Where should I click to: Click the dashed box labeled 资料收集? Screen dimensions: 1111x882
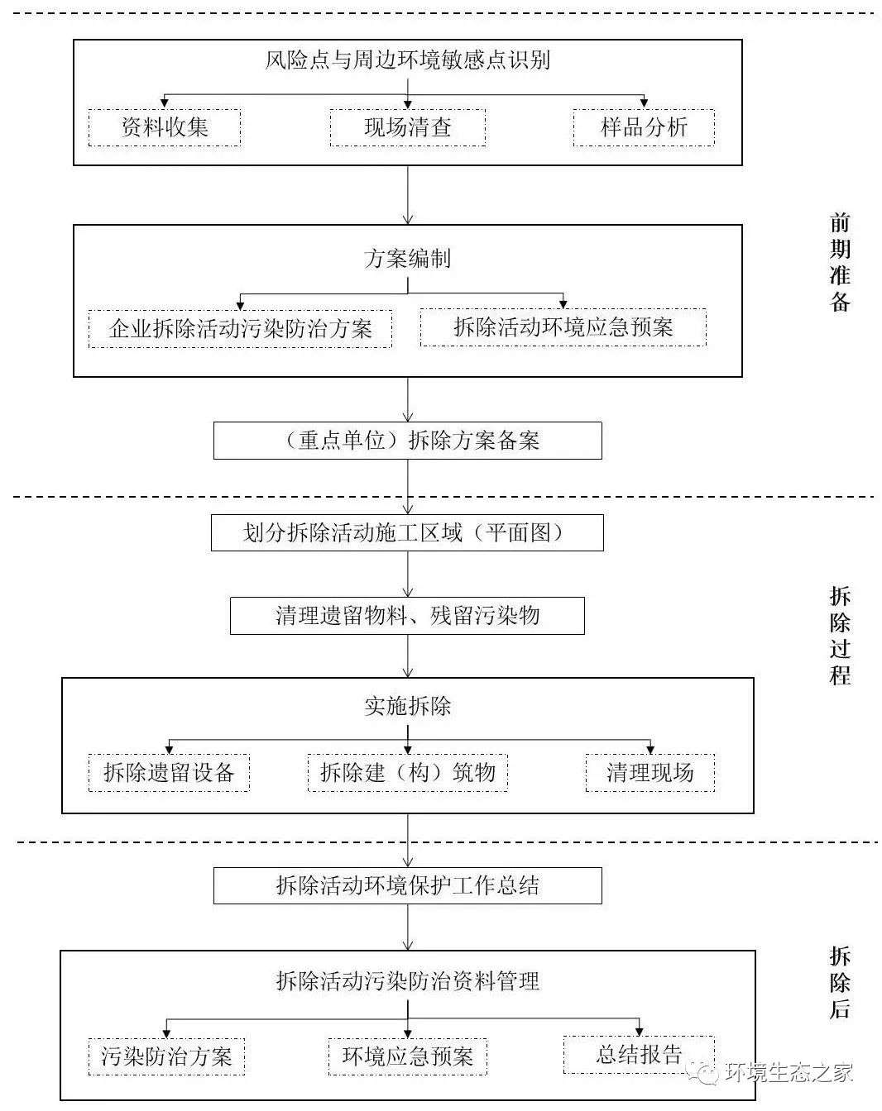pyautogui.click(x=164, y=127)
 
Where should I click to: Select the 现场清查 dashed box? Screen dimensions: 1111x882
pyautogui.click(x=407, y=128)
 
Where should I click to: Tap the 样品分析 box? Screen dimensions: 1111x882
pyautogui.click(x=643, y=127)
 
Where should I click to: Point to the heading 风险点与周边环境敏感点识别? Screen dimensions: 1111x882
pyautogui.click(x=407, y=60)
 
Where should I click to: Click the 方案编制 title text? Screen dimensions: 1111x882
pyautogui.click(x=407, y=259)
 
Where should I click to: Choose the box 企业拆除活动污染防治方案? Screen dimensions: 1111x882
pyautogui.click(x=240, y=328)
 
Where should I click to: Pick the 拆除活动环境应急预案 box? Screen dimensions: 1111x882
pyautogui.click(x=563, y=327)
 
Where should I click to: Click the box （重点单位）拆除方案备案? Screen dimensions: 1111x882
pyautogui.click(x=407, y=441)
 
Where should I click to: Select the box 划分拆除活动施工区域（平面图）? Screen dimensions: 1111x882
pyautogui.click(x=407, y=533)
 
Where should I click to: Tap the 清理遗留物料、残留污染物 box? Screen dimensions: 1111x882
pyautogui.click(x=407, y=616)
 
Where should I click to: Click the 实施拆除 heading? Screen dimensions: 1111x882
pyautogui.click(x=407, y=706)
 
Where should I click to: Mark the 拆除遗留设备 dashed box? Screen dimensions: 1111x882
pyautogui.click(x=169, y=773)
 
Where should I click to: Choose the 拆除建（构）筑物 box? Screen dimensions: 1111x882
pyautogui.click(x=407, y=773)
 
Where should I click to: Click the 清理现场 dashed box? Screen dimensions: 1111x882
pyautogui.click(x=650, y=773)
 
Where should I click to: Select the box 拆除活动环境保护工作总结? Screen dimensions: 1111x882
pyautogui.click(x=407, y=886)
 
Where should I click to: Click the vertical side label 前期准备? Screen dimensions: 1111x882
pyautogui.click(x=840, y=262)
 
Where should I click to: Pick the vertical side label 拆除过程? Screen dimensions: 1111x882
pyautogui.click(x=840, y=636)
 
